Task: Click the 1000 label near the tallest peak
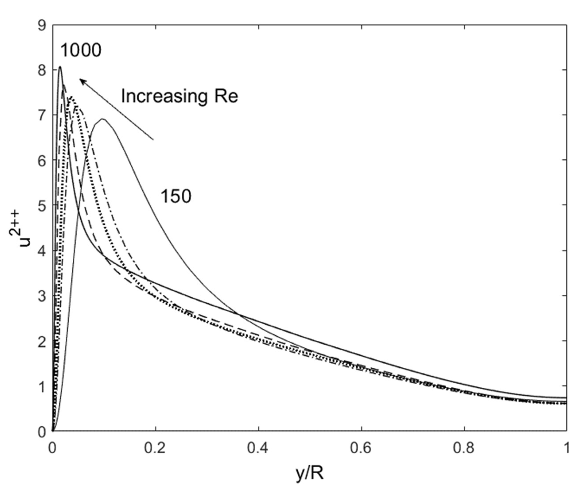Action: click(x=81, y=51)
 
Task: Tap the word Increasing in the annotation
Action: click(x=164, y=96)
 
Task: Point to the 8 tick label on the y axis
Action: click(x=42, y=70)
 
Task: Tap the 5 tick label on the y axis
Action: click(x=42, y=205)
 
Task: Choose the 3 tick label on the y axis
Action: click(x=42, y=296)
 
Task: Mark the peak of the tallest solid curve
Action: click(x=60, y=67)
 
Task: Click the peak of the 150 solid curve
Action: click(x=103, y=119)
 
